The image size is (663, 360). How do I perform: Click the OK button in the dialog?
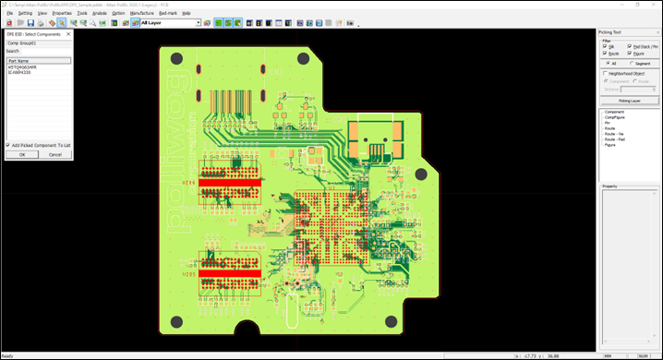tap(22, 154)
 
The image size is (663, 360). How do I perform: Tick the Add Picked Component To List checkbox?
tap(8, 145)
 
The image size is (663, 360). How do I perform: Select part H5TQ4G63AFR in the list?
tap(25, 66)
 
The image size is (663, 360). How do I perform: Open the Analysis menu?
tap(99, 14)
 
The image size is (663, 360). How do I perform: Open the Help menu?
tap(187, 14)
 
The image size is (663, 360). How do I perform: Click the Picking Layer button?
tap(628, 99)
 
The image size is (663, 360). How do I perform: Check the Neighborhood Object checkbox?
tap(606, 73)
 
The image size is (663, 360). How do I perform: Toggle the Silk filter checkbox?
tap(606, 46)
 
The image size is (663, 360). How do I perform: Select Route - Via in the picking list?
tap(615, 134)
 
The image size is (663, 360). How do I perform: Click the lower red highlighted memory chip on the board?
tap(231, 274)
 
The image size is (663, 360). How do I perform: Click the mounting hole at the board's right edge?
tap(420, 174)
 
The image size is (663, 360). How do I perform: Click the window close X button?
tap(654, 5)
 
